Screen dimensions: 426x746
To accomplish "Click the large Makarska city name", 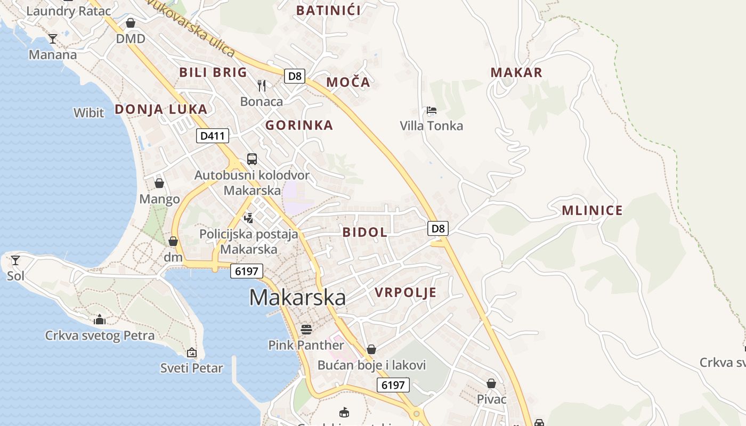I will click(x=297, y=297).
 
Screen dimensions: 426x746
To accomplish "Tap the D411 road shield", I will click(x=213, y=136).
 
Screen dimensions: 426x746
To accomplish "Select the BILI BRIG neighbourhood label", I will click(x=213, y=72).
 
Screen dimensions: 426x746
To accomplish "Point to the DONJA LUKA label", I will click(x=161, y=109).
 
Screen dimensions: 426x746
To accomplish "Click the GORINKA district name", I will click(x=299, y=125).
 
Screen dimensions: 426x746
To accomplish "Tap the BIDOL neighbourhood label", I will click(x=365, y=232).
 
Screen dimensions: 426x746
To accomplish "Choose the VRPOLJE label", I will click(x=406, y=292).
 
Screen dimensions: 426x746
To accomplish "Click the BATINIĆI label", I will click(x=328, y=10).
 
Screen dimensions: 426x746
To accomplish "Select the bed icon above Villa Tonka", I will click(x=432, y=110).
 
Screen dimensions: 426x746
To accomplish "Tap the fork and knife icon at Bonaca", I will click(x=262, y=85).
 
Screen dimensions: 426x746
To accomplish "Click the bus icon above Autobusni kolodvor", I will click(x=252, y=159).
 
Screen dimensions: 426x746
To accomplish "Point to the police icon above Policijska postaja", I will click(x=248, y=217).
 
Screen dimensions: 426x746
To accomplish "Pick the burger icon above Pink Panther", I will click(x=306, y=329).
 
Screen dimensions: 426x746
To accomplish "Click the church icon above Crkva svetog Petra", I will click(x=100, y=319).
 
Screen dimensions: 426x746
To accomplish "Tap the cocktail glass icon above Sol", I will click(x=15, y=260).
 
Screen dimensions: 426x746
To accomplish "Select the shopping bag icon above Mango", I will click(x=159, y=183).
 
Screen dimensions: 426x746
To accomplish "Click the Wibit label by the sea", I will click(x=89, y=112).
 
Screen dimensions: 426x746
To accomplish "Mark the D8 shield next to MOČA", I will click(x=294, y=76).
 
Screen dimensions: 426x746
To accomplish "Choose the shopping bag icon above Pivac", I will click(x=491, y=383).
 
